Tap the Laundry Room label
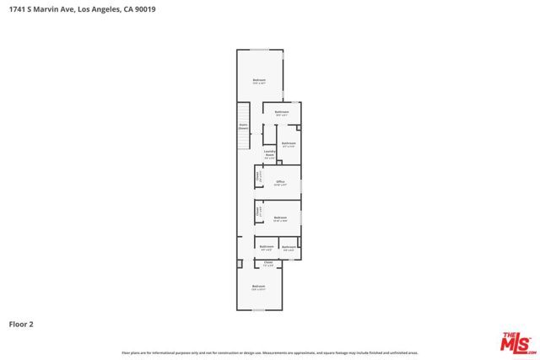click(x=270, y=154)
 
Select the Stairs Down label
click(x=243, y=127)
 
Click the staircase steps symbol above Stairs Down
click(x=243, y=113)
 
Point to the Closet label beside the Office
click(x=258, y=177)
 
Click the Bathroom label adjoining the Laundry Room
click(x=289, y=144)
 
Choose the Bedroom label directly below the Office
click(x=279, y=218)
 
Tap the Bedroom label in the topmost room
click(x=259, y=81)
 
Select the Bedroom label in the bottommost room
click(x=258, y=287)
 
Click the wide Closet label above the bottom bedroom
click(x=268, y=263)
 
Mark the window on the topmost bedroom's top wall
click(x=259, y=50)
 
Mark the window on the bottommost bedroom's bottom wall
click(x=259, y=310)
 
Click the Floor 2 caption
click(x=21, y=323)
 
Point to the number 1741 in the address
click(x=16, y=9)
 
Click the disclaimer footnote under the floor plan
click(x=270, y=352)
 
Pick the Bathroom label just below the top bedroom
click(x=282, y=112)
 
